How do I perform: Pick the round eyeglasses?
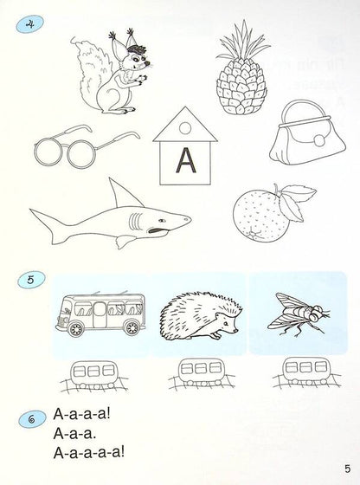point(82,151)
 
